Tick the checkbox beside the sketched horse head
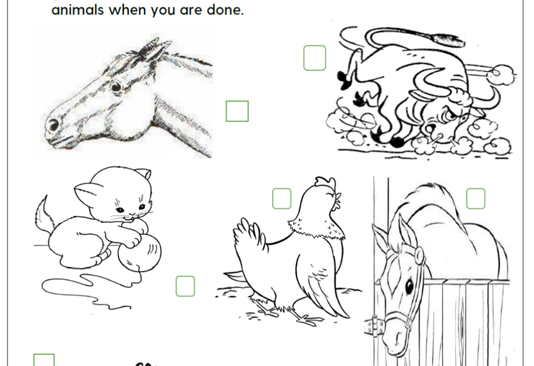pos(237,111)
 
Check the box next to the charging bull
pos(315,58)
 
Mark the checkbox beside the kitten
pos(185,286)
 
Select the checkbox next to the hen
pos(281,198)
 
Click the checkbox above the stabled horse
pos(475,198)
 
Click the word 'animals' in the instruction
pos(78,10)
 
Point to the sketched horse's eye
pos(116,86)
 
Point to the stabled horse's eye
pos(409,286)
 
